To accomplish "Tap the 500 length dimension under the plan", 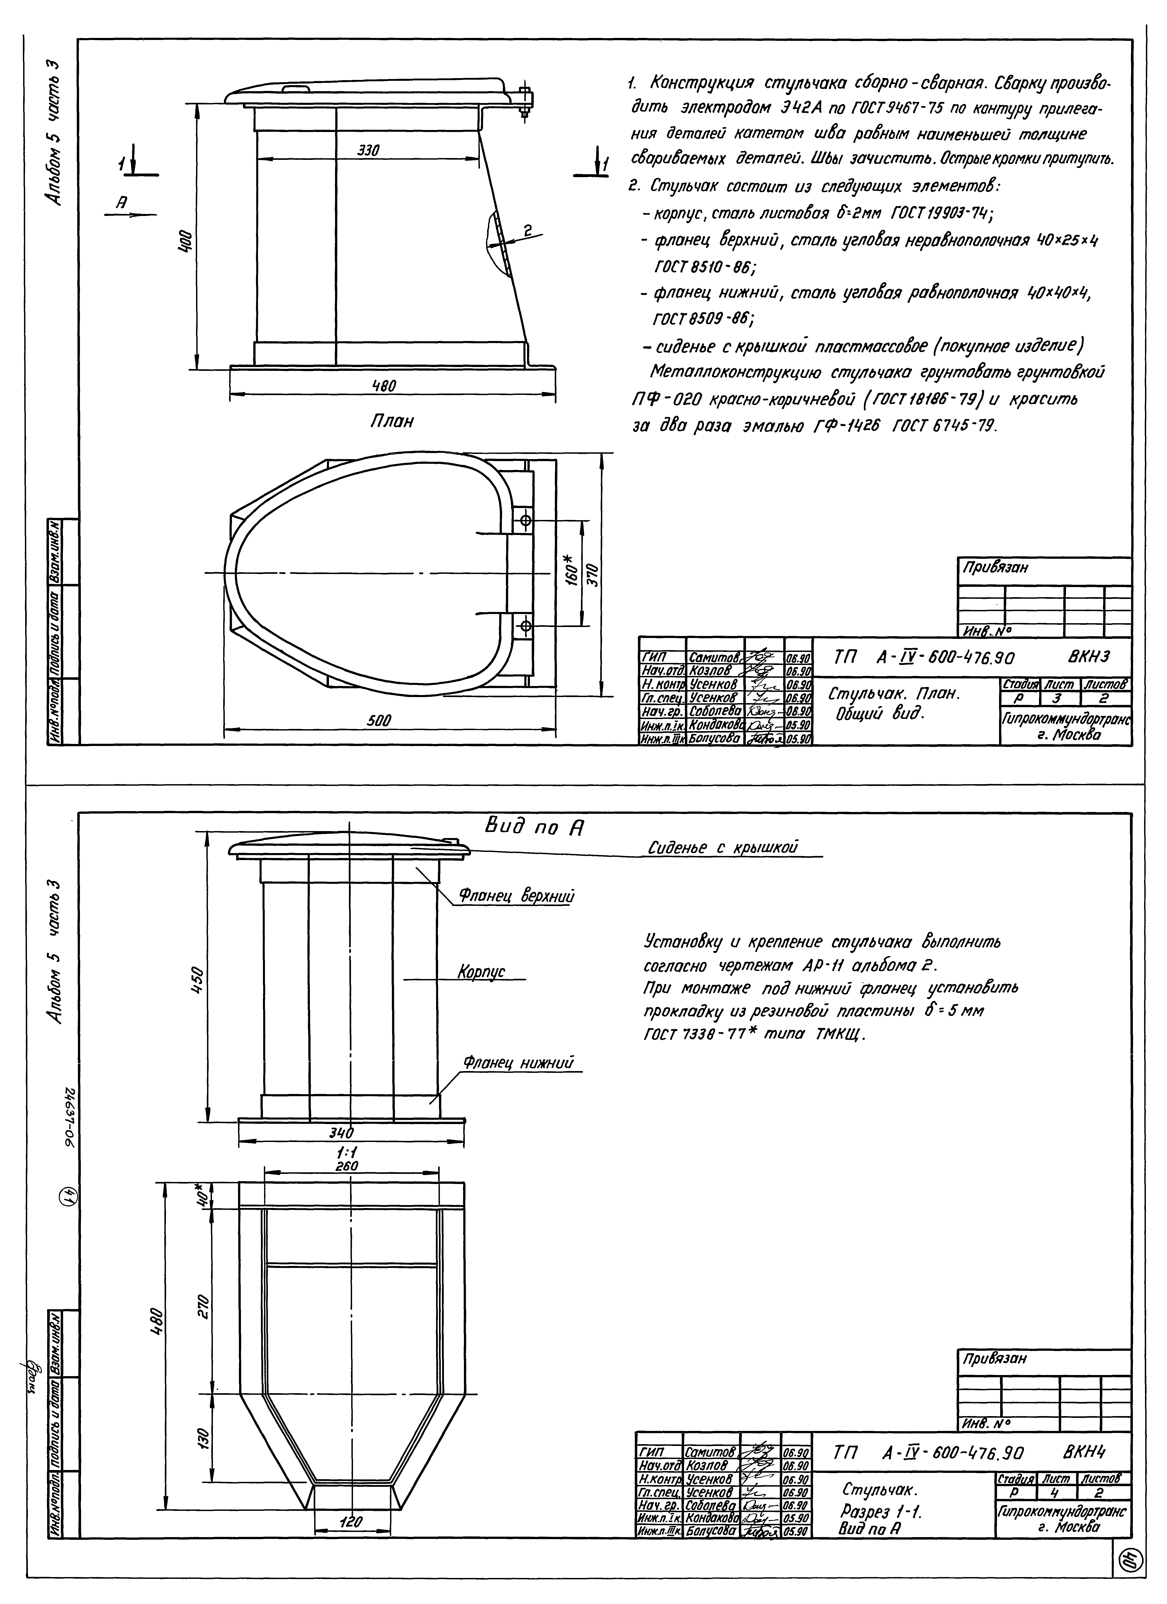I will point(380,720).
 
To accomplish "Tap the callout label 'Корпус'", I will point(481,973).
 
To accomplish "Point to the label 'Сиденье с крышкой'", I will point(723,847).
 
